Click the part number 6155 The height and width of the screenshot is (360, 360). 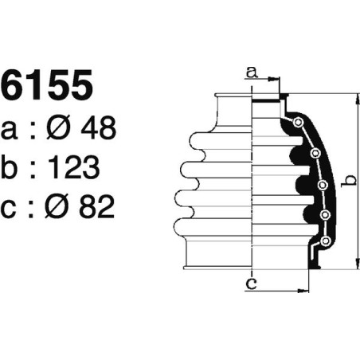48,86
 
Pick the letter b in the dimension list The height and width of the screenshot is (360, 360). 12,167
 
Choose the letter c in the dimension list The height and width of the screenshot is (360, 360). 11,207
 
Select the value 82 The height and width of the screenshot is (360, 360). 99,207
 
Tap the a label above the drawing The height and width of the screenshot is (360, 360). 252,72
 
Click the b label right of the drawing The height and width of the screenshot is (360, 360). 347,181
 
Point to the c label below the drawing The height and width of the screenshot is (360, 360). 251,282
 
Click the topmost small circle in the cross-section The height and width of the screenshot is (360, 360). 298,123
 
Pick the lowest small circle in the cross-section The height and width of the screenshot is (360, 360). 326,241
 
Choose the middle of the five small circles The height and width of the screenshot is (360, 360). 323,186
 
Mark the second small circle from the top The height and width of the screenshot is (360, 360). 315,153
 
